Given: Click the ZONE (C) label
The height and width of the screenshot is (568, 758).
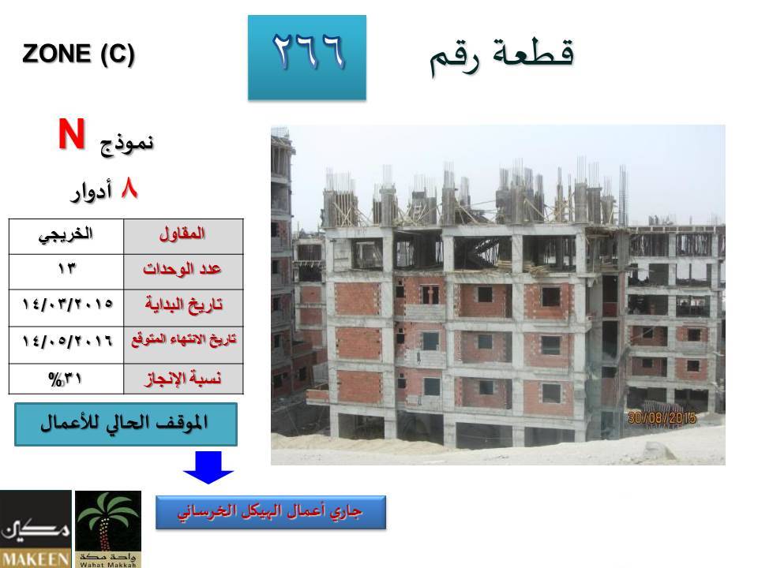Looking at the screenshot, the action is click(x=78, y=54).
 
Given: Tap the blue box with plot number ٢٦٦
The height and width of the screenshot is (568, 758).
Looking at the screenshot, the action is click(x=307, y=58).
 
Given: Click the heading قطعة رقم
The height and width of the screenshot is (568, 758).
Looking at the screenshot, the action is click(x=502, y=56).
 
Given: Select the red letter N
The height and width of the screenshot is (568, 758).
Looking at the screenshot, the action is click(x=72, y=134).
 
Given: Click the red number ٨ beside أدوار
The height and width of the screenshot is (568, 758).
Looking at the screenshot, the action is click(x=129, y=189).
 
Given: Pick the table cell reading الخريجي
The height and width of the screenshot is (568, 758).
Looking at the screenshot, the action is click(x=66, y=237).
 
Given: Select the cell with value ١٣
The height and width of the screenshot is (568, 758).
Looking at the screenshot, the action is click(x=66, y=272).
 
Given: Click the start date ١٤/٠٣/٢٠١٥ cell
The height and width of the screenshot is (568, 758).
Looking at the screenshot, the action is click(x=66, y=308).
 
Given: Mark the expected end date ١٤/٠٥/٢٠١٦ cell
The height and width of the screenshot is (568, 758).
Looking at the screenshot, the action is click(x=66, y=345).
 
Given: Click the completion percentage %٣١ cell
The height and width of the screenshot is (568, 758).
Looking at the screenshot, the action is click(x=66, y=379).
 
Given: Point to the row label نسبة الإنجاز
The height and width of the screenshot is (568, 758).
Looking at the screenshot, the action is click(x=183, y=379).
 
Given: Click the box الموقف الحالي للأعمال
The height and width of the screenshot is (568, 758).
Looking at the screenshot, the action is click(x=126, y=424).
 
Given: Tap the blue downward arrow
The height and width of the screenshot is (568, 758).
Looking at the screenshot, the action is click(x=208, y=467).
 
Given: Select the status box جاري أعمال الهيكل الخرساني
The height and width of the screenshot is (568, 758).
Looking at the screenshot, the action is click(x=271, y=513).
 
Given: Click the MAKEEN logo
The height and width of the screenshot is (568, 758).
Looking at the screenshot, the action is click(x=36, y=529).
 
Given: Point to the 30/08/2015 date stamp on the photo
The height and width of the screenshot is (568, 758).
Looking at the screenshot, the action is click(x=662, y=417).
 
